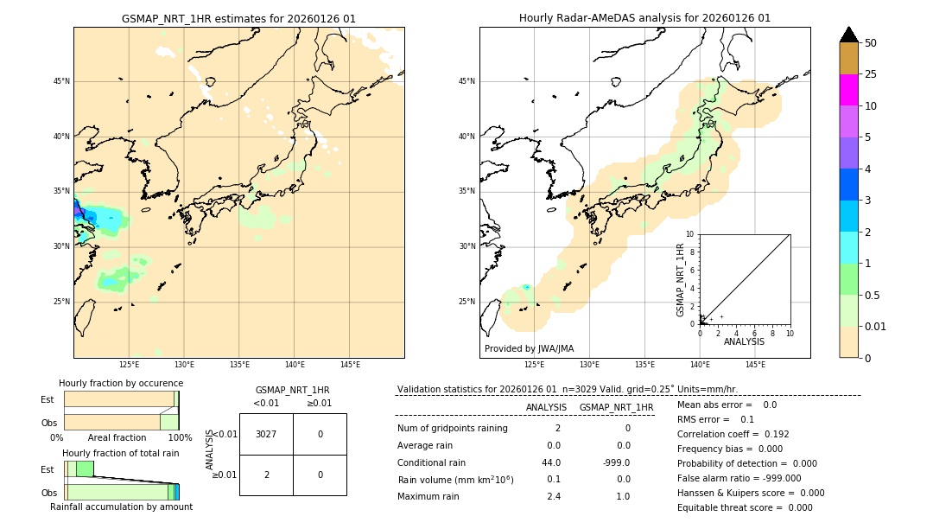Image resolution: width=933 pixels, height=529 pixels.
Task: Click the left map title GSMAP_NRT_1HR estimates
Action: click(238, 18)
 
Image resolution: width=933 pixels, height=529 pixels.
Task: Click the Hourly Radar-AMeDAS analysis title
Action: click(644, 18)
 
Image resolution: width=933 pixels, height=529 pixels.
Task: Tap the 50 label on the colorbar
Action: click(871, 43)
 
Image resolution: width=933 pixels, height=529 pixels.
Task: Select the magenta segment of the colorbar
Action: click(848, 90)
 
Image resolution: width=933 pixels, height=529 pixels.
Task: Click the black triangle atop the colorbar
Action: click(848, 35)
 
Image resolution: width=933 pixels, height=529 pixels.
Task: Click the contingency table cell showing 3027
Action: click(266, 434)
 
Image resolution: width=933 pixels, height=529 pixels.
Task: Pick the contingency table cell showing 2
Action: click(266, 475)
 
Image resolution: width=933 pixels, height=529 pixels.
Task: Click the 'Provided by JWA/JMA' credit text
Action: click(529, 348)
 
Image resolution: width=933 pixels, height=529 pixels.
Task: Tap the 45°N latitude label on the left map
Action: click(61, 81)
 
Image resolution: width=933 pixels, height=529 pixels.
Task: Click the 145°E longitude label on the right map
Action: click(755, 365)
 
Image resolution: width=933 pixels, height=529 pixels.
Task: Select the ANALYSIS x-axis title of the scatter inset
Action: click(744, 341)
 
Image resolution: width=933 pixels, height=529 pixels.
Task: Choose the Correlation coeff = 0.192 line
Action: click(733, 434)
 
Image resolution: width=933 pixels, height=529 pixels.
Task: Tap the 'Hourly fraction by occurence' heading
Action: click(121, 383)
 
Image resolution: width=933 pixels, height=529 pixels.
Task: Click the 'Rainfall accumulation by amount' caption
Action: click(121, 507)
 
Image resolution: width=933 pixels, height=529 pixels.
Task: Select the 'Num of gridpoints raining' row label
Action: click(452, 428)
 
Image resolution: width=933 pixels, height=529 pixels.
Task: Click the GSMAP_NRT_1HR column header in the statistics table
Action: click(616, 407)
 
